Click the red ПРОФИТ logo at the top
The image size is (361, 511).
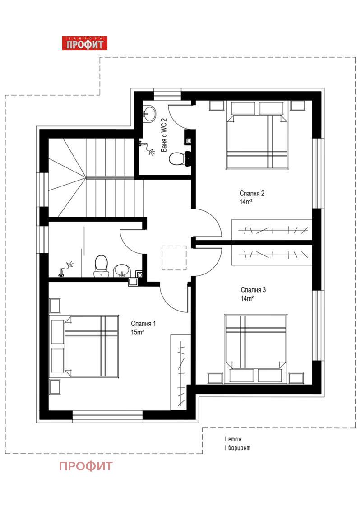coord(85,43)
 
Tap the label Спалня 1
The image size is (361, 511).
coord(143,324)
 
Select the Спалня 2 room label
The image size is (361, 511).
coord(252,193)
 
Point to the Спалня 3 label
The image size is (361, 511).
coord(253,289)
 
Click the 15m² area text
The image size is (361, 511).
coord(138,332)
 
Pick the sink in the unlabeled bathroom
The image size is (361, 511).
coord(122,271)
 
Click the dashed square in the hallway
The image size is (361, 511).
coord(174,258)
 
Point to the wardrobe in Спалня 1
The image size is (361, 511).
coord(180,372)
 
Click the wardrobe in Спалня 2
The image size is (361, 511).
coord(272,230)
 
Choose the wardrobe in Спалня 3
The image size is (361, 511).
coord(272,255)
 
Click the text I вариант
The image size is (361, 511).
coord(237,448)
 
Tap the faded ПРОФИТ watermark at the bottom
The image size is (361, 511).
coord(86,466)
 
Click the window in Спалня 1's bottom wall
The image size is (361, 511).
coord(107,416)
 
